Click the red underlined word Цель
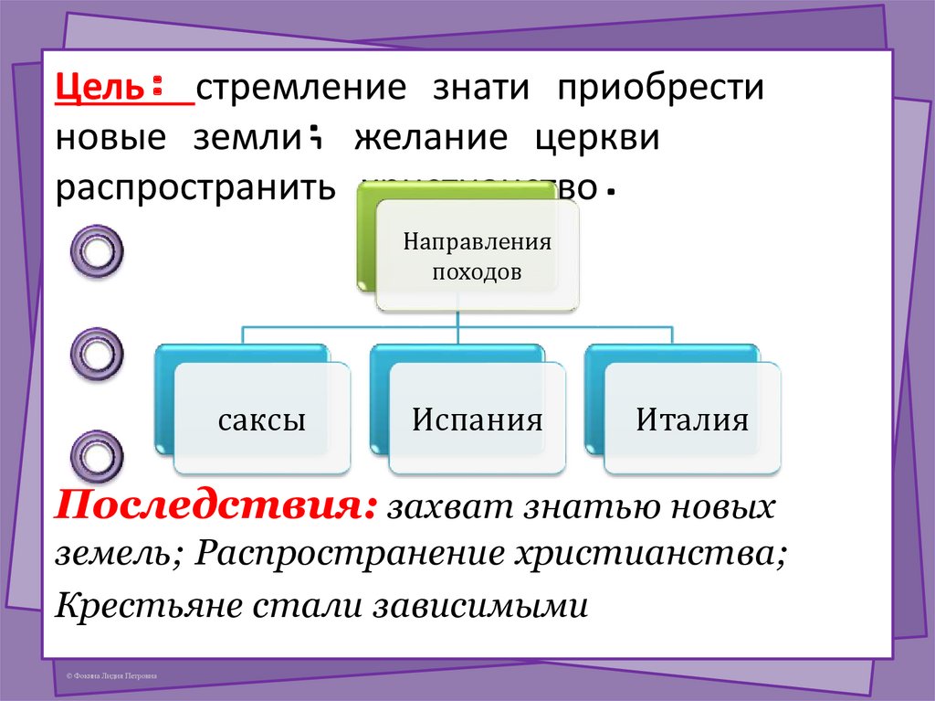coord(99,90)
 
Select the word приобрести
coord(661,90)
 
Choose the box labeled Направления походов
coord(477,257)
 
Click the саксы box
coord(261,421)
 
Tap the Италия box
coord(692,421)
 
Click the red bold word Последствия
coord(215,505)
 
